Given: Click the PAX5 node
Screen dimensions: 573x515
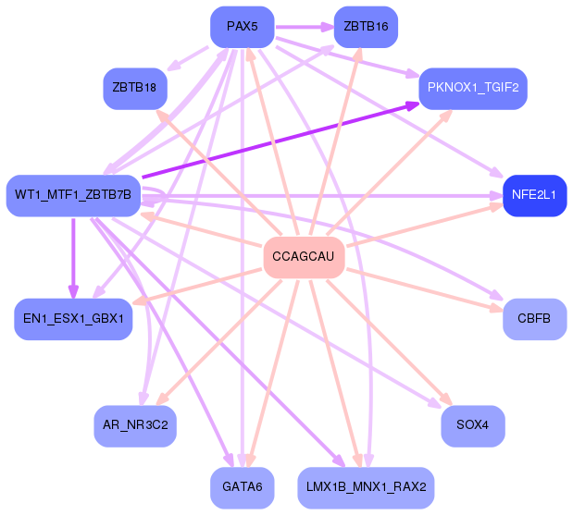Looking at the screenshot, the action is click(x=243, y=27).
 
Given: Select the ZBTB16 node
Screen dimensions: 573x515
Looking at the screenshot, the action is click(x=366, y=27).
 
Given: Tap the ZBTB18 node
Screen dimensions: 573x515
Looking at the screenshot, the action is click(x=135, y=89).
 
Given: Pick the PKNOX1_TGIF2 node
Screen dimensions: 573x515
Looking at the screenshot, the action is click(x=473, y=89).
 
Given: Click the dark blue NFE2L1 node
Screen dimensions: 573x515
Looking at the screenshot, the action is click(x=535, y=195).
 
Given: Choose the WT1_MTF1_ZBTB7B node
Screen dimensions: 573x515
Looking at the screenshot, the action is click(x=73, y=195).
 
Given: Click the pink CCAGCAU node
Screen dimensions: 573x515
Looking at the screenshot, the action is click(x=304, y=257).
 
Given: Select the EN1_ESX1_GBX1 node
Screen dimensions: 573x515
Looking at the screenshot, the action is click(x=73, y=319).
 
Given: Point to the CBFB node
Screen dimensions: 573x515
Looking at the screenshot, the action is click(x=535, y=319).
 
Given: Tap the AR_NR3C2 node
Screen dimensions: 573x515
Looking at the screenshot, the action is click(x=135, y=425).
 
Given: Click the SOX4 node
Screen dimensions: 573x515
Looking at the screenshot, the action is click(x=473, y=425).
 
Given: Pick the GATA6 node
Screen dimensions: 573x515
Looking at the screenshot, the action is click(x=243, y=487).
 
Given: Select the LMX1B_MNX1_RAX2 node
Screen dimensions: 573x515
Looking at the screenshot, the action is click(x=366, y=487).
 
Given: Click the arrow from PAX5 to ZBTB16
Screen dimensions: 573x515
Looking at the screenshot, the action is click(x=305, y=27).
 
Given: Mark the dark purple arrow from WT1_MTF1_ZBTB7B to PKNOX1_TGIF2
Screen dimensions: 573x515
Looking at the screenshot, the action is click(x=280, y=141).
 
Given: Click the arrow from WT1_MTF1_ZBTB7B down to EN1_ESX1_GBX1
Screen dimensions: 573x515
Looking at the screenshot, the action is click(x=73, y=258).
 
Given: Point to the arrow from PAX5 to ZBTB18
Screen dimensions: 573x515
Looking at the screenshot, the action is click(x=188, y=58).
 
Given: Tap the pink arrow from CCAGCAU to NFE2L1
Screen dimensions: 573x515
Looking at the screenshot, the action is click(x=425, y=226).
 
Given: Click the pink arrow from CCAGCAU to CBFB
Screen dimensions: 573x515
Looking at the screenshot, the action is click(x=425, y=289).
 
